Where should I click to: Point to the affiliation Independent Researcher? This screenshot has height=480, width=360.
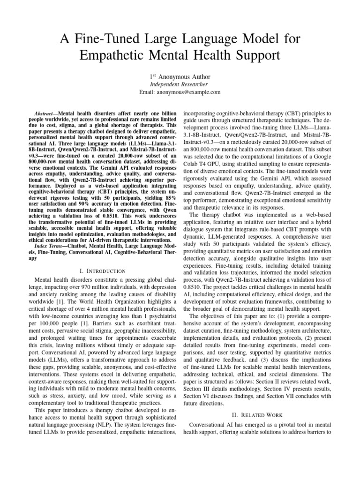180,84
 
